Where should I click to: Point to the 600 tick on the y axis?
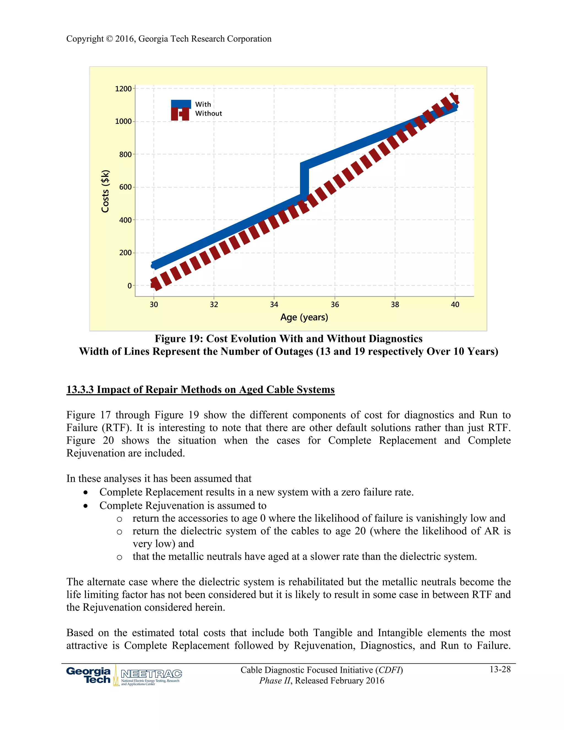125,187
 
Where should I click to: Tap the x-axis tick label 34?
274,304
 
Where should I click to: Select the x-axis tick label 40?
455,304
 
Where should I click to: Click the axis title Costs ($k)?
105,191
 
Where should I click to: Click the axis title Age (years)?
304,317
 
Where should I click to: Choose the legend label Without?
208,114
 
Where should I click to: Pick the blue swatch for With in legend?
181,104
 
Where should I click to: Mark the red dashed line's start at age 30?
154,284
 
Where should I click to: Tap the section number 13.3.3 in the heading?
80,390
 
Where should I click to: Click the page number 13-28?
500,669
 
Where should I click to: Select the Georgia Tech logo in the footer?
89,675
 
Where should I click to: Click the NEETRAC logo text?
151,674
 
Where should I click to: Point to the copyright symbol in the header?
109,39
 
